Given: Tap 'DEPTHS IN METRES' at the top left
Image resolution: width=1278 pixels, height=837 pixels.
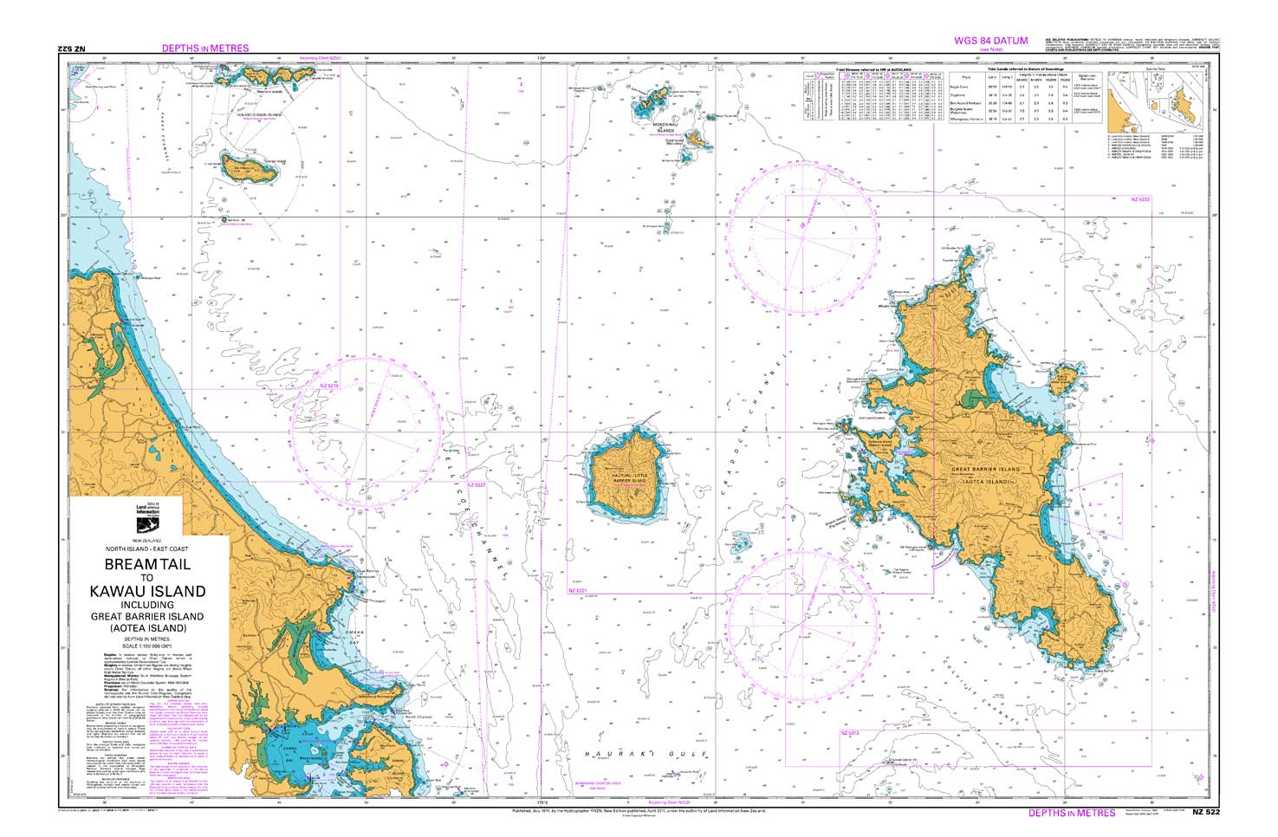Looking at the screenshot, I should [205, 49].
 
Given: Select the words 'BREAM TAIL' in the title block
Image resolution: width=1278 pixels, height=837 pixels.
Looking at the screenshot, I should [147, 564].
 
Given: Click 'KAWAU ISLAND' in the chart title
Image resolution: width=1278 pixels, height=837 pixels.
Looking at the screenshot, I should [147, 592].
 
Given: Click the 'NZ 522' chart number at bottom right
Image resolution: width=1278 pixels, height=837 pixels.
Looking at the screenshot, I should [1205, 812].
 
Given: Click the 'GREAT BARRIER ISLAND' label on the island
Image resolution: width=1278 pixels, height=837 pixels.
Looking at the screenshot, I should [986, 470].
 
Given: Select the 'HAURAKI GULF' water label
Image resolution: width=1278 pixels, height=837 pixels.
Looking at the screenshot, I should [640, 756].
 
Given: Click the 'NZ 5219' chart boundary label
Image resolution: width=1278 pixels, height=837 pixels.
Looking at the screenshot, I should [327, 385].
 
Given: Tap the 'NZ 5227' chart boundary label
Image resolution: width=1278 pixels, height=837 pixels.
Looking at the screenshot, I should [477, 485].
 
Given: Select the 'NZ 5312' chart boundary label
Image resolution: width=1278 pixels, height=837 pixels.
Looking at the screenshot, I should [850, 734].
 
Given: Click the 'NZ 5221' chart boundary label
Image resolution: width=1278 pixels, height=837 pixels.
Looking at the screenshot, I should [578, 591].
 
